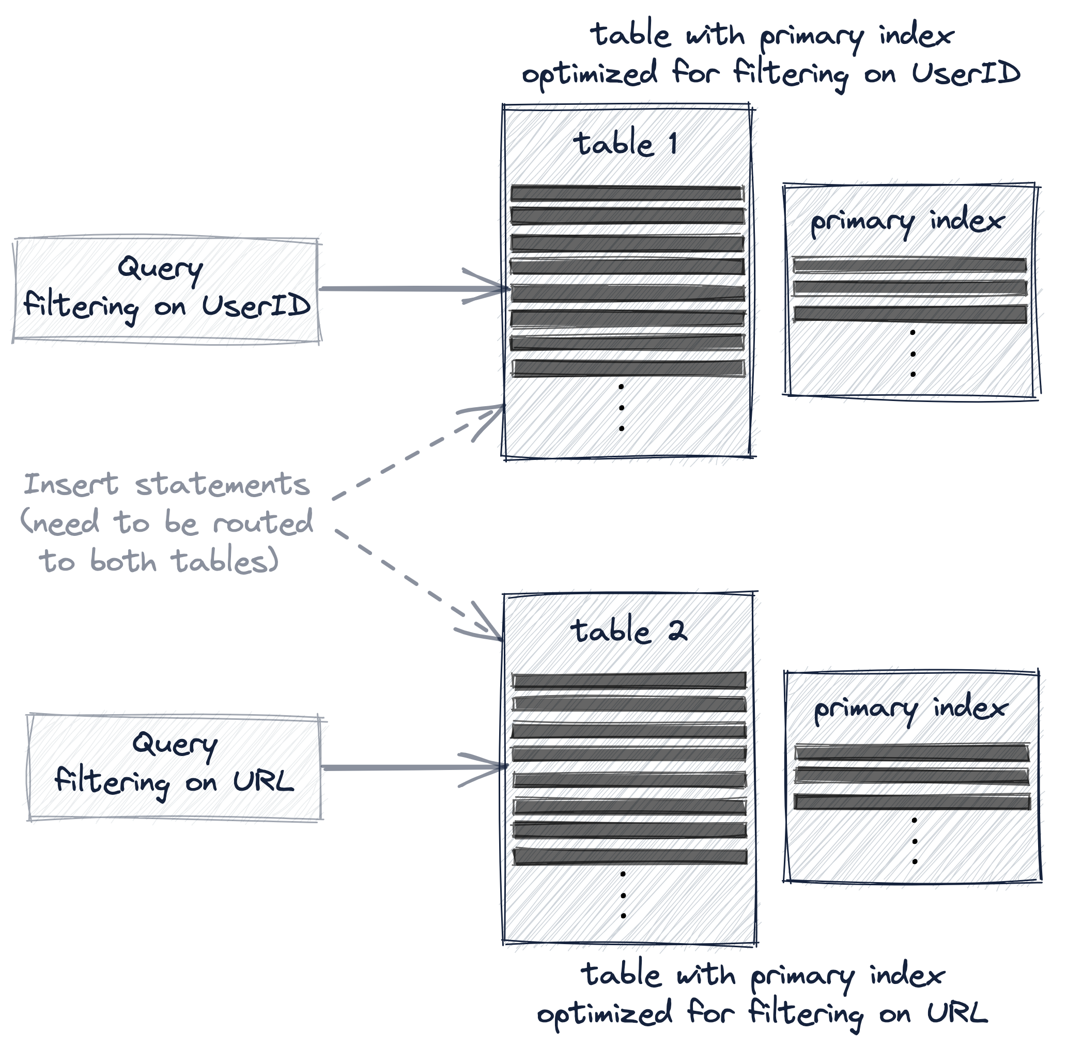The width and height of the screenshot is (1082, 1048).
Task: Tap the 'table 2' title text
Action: click(629, 631)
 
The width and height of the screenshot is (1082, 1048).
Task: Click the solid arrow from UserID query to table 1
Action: click(409, 288)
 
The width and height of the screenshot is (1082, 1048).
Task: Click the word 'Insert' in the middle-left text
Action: click(71, 485)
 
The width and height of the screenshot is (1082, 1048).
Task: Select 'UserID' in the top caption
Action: click(965, 73)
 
